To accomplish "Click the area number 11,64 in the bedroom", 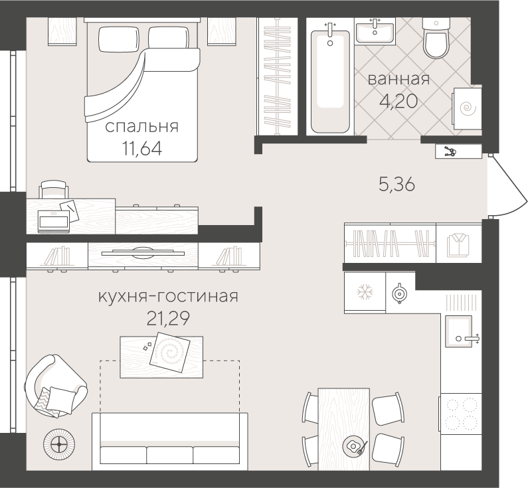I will click(x=143, y=145).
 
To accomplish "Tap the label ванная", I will click(x=398, y=80).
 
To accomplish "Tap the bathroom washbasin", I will click(x=375, y=31).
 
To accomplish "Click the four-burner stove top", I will click(x=459, y=414).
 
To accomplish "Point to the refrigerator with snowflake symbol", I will click(x=363, y=292).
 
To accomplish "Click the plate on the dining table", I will click(x=351, y=446).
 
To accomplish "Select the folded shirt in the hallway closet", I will click(x=458, y=244).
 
